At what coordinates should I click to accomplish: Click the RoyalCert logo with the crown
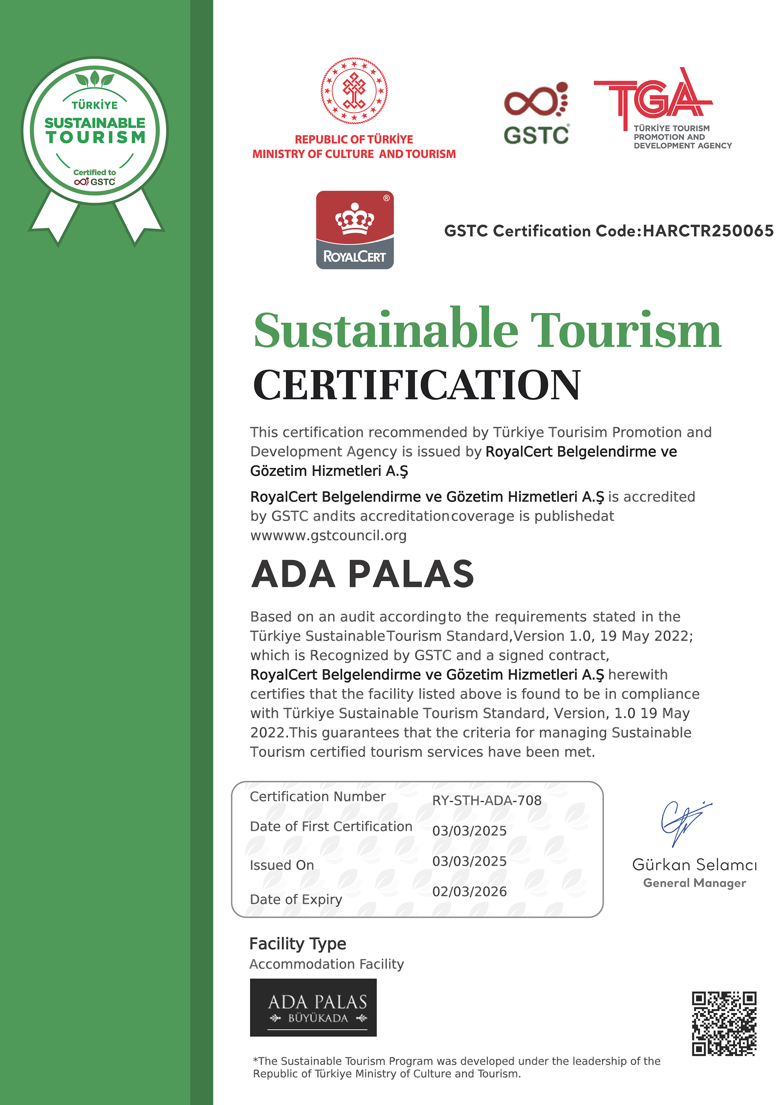click(355, 230)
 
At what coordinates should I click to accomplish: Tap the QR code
click(724, 1023)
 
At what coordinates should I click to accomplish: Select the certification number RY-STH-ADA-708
click(487, 800)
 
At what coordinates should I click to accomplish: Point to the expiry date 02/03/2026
click(470, 891)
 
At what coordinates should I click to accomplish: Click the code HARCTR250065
click(708, 231)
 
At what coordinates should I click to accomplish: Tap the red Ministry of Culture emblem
click(354, 90)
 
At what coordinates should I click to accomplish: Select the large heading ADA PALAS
click(362, 574)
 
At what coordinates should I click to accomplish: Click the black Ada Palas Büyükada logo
click(313, 1007)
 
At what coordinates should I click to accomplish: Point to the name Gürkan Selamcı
click(694, 865)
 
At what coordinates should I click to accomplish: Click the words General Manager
click(694, 883)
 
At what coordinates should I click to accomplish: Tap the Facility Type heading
click(298, 944)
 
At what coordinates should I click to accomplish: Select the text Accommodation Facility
click(327, 964)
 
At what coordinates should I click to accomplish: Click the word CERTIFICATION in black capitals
click(417, 385)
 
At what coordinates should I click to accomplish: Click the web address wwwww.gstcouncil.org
click(328, 535)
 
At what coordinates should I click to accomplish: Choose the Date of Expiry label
click(296, 899)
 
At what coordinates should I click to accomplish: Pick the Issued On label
click(282, 865)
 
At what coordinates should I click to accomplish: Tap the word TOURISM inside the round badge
click(95, 137)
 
